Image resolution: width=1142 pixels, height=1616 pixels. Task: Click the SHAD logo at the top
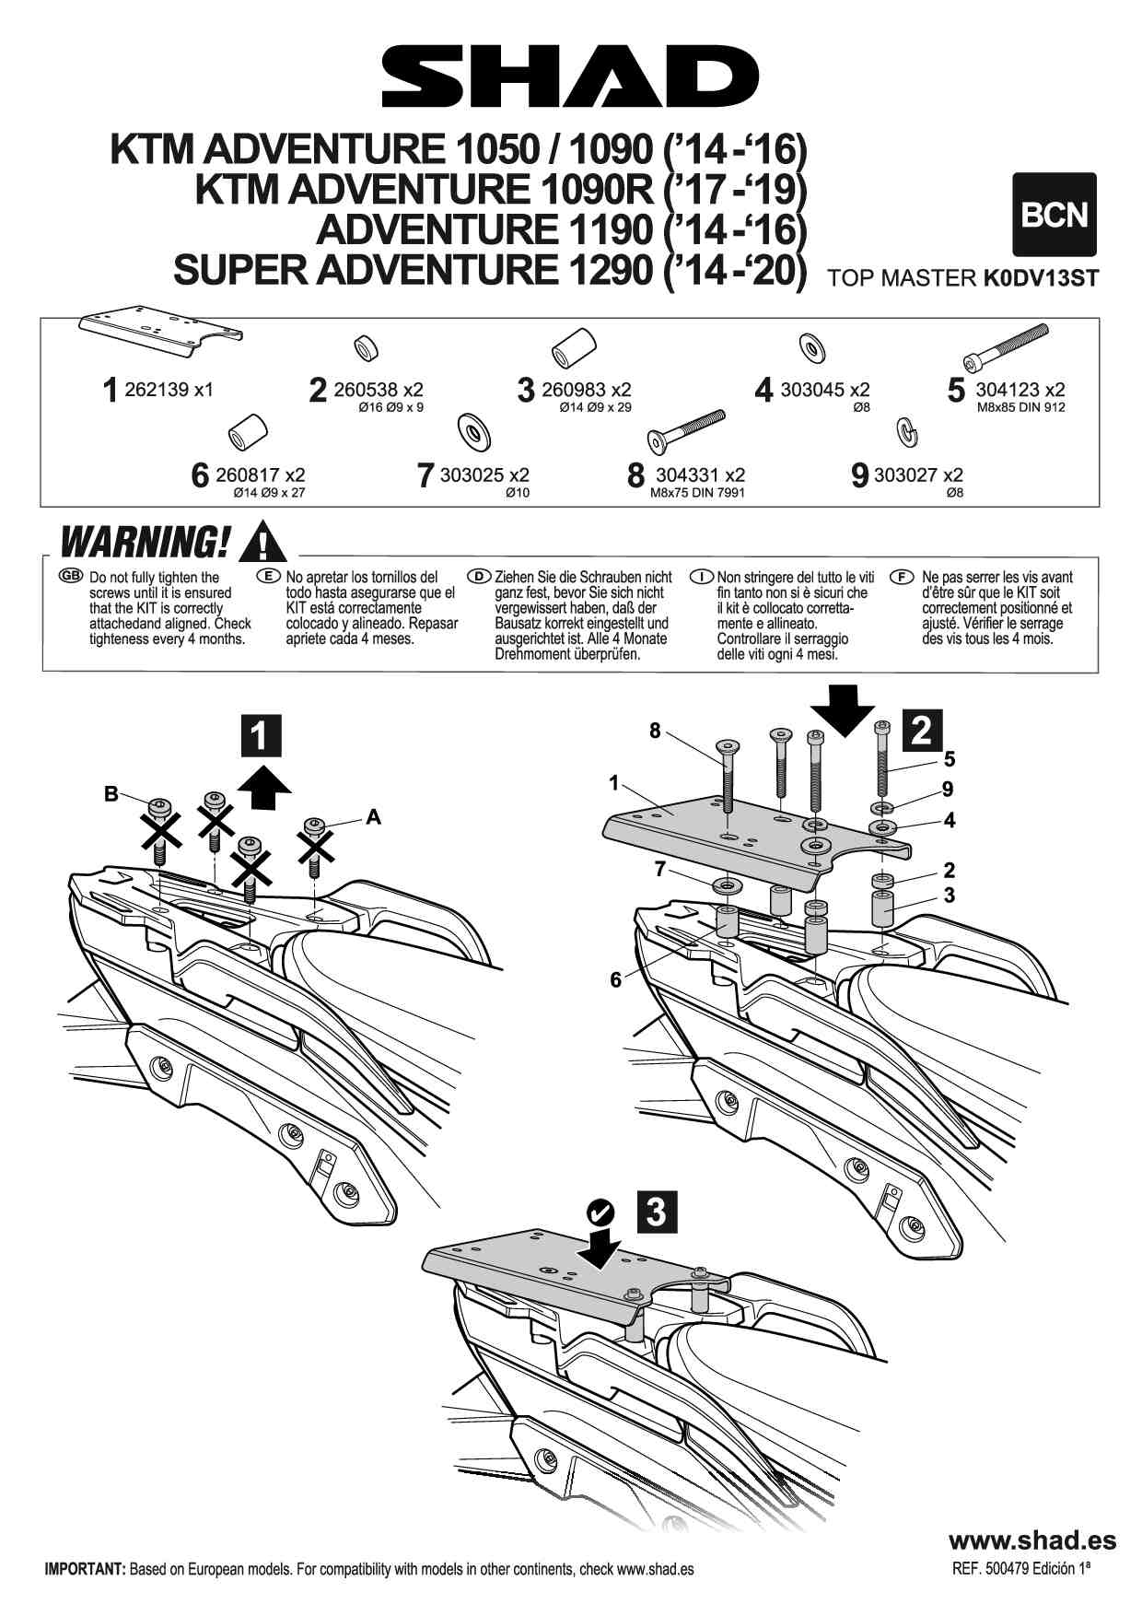pyautogui.click(x=570, y=77)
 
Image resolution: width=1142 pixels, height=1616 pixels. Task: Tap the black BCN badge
pyautogui.click(x=1055, y=215)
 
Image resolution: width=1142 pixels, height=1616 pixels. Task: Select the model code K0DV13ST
pyautogui.click(x=1041, y=278)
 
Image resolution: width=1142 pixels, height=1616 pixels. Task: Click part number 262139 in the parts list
pyautogui.click(x=169, y=390)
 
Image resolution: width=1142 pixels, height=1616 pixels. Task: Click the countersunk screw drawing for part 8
pyautogui.click(x=686, y=431)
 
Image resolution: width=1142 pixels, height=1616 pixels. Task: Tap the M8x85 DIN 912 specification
pyautogui.click(x=1020, y=407)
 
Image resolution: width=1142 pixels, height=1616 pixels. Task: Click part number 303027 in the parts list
pyautogui.click(x=918, y=475)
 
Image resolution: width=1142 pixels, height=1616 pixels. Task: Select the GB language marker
pyautogui.click(x=70, y=577)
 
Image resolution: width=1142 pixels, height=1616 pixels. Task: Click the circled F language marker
pyautogui.click(x=902, y=577)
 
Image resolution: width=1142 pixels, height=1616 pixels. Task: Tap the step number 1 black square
pyautogui.click(x=260, y=736)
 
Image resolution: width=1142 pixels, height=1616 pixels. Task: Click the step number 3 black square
pyautogui.click(x=656, y=1212)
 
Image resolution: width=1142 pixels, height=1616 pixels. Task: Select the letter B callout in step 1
pyautogui.click(x=111, y=794)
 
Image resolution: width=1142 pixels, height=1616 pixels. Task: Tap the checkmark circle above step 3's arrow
pyautogui.click(x=600, y=1210)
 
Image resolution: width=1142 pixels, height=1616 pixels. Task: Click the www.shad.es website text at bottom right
pyautogui.click(x=1031, y=1540)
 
